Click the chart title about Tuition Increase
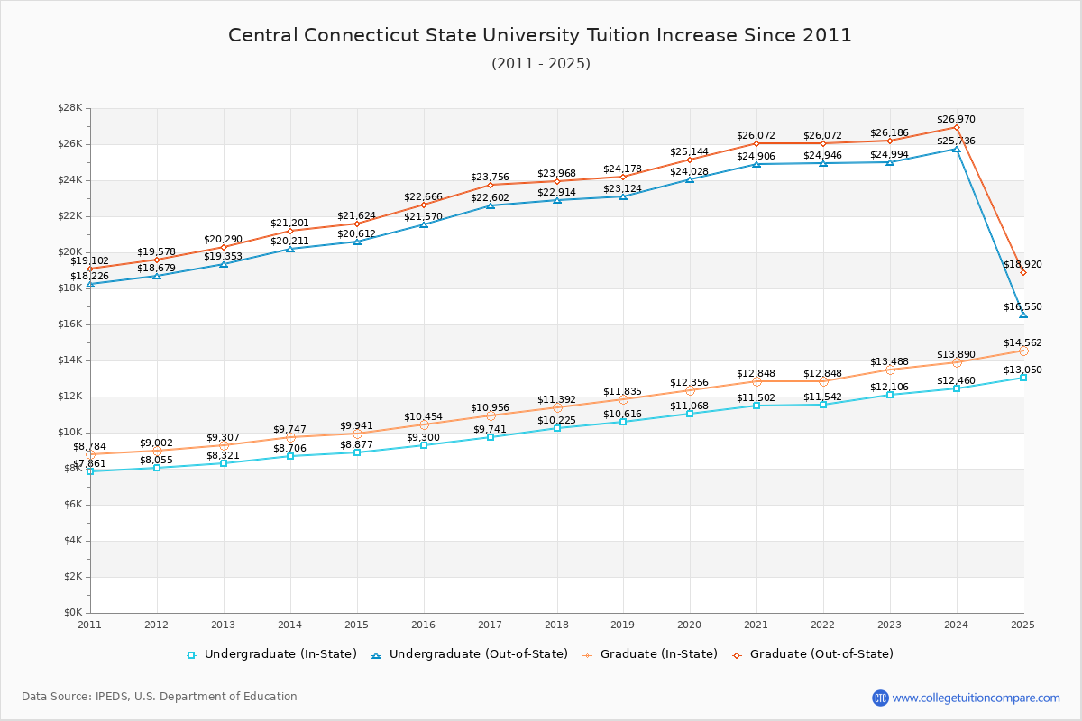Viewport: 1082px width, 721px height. (x=540, y=35)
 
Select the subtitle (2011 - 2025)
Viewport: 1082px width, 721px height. (x=541, y=64)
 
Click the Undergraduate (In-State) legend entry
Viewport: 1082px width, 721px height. (x=272, y=654)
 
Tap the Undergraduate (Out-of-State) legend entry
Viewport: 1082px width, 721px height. (x=470, y=654)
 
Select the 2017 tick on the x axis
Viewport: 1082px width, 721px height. (x=490, y=624)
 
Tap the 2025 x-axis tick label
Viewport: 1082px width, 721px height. (x=1022, y=624)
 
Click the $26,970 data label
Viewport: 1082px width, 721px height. (x=956, y=119)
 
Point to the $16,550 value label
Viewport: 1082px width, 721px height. (x=1022, y=307)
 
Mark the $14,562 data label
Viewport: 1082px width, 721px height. (x=1022, y=343)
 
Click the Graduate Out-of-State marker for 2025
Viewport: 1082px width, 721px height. (x=1023, y=272)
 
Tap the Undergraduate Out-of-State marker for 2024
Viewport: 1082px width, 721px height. (x=957, y=149)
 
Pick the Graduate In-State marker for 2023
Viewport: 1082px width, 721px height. (x=890, y=370)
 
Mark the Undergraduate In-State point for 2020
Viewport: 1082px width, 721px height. (x=690, y=414)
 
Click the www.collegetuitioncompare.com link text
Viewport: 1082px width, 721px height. (x=977, y=698)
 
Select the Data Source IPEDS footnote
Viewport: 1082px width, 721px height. (x=160, y=697)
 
